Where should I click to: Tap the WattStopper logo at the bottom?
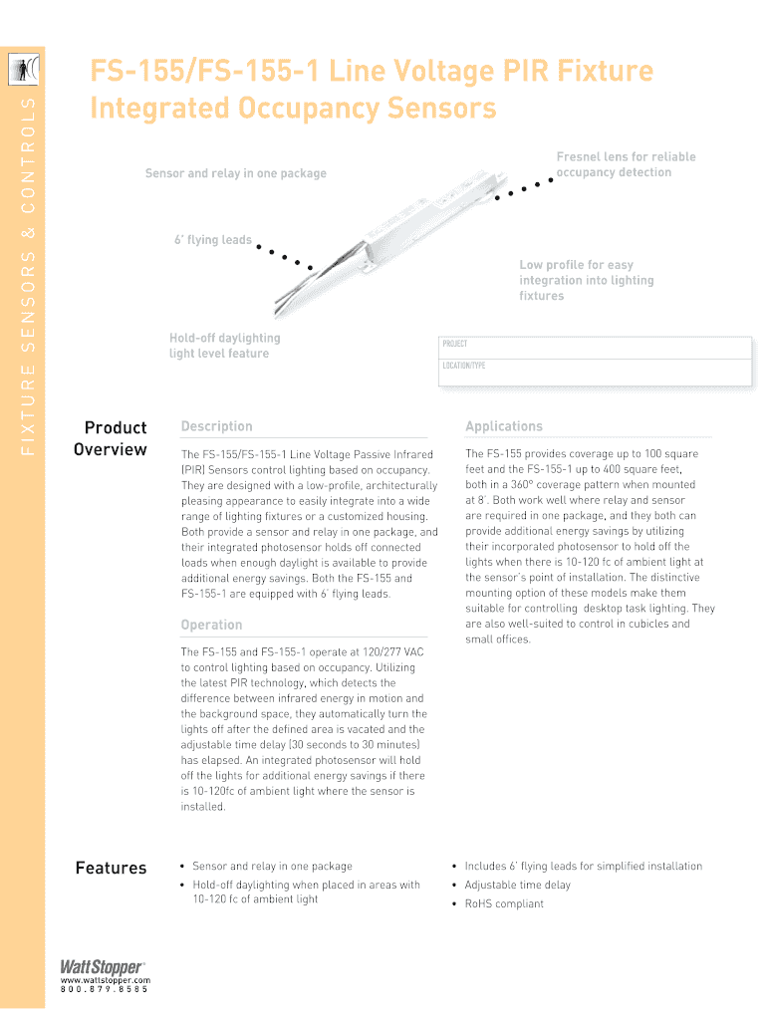pos(101,966)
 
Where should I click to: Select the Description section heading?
pos(216,426)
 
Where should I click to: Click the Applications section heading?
pos(503,426)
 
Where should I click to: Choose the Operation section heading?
pos(211,625)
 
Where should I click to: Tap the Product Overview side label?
pos(112,438)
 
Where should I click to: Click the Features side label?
pos(111,868)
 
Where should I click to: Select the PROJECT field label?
pos(454,344)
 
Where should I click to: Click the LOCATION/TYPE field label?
pos(463,366)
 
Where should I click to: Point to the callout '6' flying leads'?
pos(213,240)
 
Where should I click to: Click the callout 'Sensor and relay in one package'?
pos(235,173)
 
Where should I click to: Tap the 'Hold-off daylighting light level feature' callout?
pos(225,346)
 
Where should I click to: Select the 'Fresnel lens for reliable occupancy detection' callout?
pos(626,164)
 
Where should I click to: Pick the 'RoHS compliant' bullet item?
pos(504,903)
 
